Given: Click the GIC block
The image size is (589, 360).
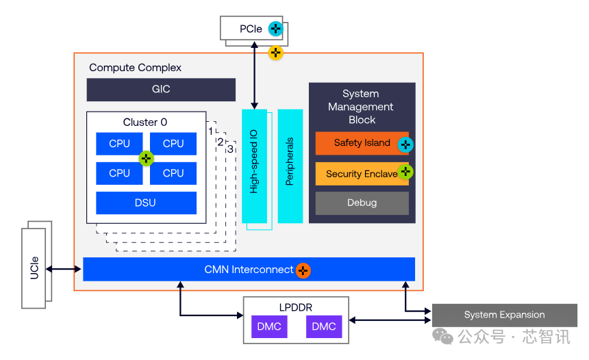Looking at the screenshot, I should pyautogui.click(x=161, y=90).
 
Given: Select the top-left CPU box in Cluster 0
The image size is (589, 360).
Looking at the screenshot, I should pyautogui.click(x=119, y=144).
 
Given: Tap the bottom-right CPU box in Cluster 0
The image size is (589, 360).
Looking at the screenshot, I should pyautogui.click(x=173, y=173).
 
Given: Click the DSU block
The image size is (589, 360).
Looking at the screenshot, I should pyautogui.click(x=146, y=203).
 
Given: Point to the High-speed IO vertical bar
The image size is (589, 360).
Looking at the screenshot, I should pyautogui.click(x=254, y=166).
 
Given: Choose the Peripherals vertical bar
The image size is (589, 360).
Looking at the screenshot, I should pyautogui.click(x=290, y=166).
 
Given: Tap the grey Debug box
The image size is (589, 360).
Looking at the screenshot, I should pyautogui.click(x=362, y=203).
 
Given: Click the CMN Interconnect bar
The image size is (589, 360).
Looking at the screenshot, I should pyautogui.click(x=249, y=270).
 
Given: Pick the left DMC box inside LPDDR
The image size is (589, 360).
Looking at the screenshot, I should pyautogui.click(x=269, y=326).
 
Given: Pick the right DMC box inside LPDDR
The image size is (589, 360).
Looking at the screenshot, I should pyautogui.click(x=324, y=326).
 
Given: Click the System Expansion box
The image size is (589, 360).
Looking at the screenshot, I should pyautogui.click(x=504, y=315).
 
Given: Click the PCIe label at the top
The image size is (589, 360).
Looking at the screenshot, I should pyautogui.click(x=251, y=29).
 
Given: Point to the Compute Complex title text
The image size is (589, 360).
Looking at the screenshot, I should pyautogui.click(x=136, y=68).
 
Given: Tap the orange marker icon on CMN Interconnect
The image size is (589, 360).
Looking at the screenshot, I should pyautogui.click(x=303, y=270).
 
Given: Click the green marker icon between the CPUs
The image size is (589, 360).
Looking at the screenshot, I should pyautogui.click(x=146, y=159).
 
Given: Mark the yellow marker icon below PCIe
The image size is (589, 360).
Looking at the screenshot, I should pyautogui.click(x=275, y=52).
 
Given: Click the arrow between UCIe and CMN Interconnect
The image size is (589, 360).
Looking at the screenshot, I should pyautogui.click(x=64, y=270).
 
